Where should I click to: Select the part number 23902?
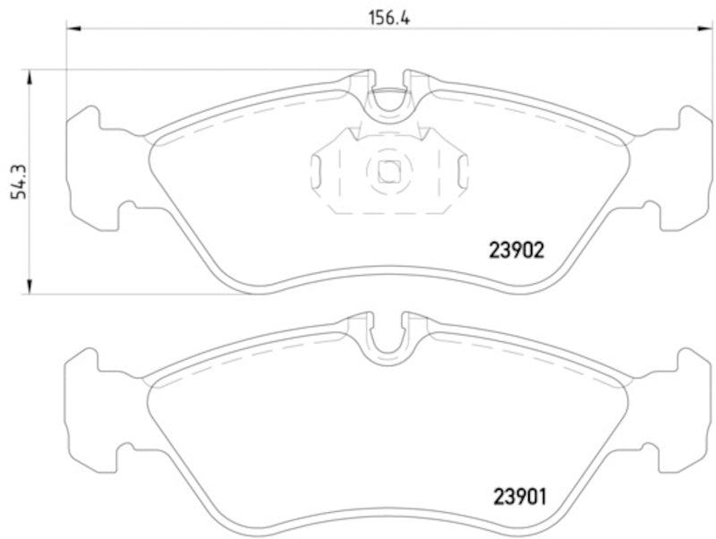(x=516, y=252)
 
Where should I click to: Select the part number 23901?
(x=516, y=493)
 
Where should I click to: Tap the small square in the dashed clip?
(x=388, y=170)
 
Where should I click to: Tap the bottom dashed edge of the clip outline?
(x=388, y=214)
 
